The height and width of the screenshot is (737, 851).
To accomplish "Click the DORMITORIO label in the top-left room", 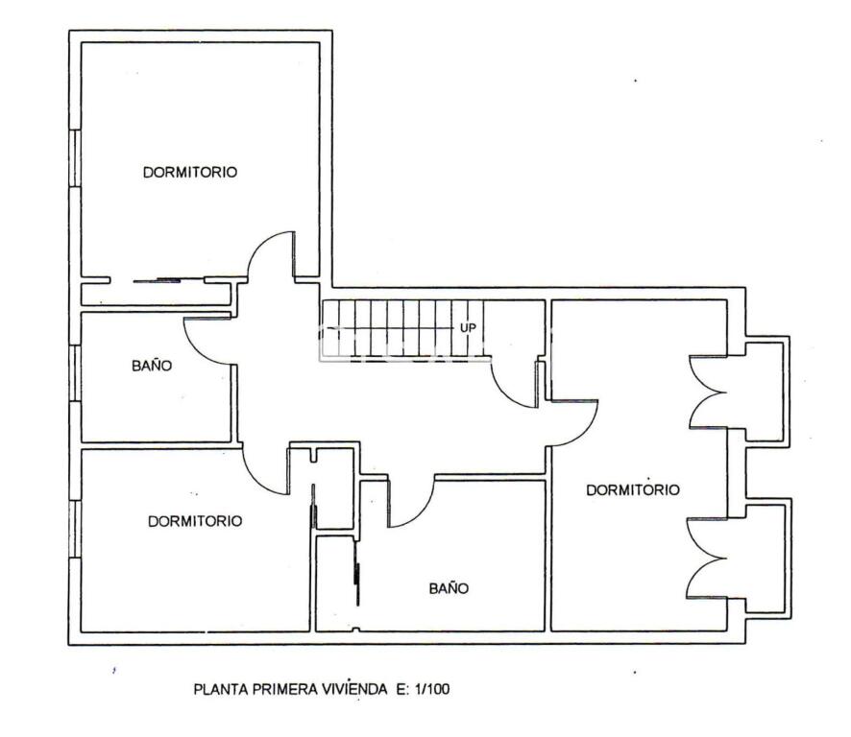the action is [190, 172].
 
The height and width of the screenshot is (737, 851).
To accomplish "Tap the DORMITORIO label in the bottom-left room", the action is [195, 521].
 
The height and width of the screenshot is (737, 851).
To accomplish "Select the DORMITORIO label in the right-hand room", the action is [633, 489].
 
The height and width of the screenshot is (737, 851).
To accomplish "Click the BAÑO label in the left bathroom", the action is [152, 365].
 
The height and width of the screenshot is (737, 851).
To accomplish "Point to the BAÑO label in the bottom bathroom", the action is [449, 588].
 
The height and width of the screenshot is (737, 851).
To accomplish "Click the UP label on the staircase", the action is [469, 328].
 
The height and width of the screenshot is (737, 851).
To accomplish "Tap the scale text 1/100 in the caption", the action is [432, 689].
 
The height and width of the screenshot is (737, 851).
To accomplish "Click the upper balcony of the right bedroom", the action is [766, 392].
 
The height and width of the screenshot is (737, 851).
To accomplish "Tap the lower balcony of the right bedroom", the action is [766, 558].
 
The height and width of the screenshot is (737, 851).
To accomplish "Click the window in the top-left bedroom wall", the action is [76, 157].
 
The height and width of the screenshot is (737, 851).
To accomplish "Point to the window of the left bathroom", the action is [76, 373].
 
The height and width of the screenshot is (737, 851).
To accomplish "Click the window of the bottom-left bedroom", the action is [76, 529].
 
